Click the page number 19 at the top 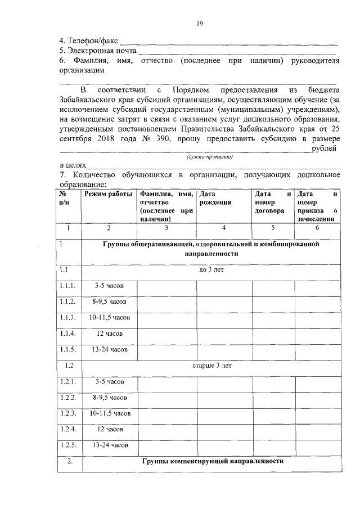[200, 24]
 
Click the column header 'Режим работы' [109, 194]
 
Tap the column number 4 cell [223, 228]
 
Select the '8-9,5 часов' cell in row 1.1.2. [109, 302]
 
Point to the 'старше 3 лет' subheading [212, 366]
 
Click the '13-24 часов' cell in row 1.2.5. [110, 445]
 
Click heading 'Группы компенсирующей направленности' [211, 461]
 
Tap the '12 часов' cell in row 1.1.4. [109, 334]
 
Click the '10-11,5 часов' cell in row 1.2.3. [110, 413]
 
